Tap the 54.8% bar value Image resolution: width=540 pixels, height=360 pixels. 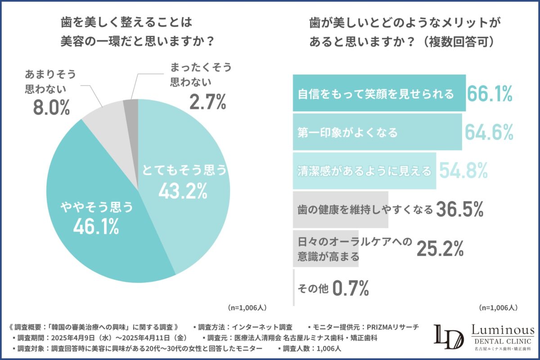(x=463, y=171)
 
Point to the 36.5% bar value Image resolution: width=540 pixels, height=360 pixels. (x=460, y=209)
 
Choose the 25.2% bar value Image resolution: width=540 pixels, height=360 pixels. (x=440, y=248)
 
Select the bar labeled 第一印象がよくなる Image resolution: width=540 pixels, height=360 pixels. (x=377, y=132)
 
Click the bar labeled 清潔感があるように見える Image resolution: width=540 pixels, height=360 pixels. (x=364, y=171)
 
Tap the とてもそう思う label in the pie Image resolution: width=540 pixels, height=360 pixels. (x=183, y=171)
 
